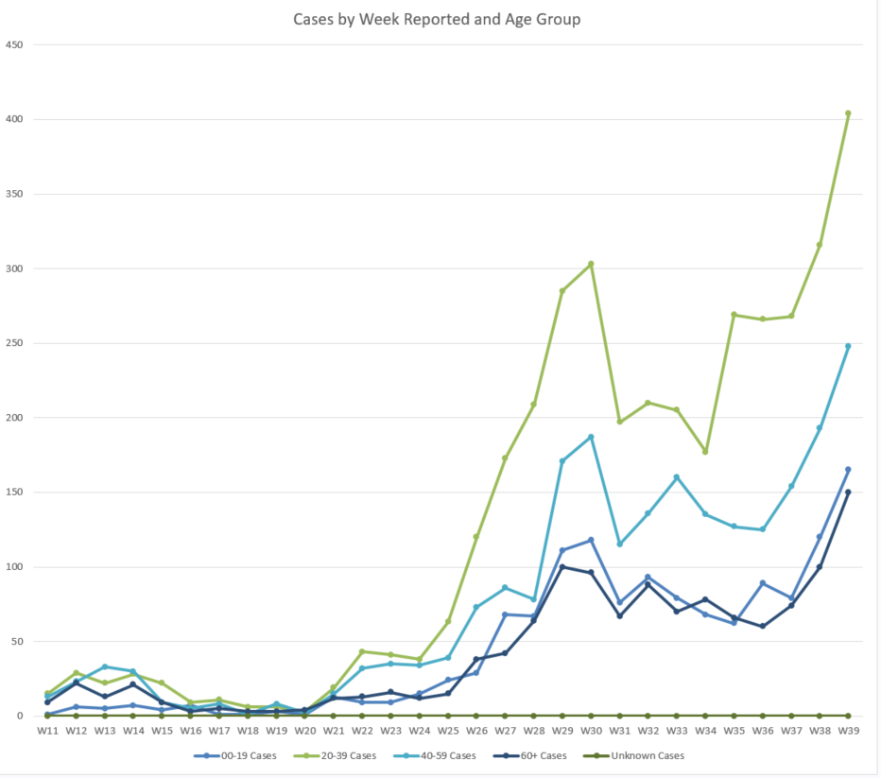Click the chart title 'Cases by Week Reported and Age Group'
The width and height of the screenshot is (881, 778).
(x=437, y=19)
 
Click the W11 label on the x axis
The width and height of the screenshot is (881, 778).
(x=46, y=731)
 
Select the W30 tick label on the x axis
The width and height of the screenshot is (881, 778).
(x=591, y=731)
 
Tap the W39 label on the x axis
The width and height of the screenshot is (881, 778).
(x=848, y=731)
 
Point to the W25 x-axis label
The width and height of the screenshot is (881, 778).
(x=447, y=731)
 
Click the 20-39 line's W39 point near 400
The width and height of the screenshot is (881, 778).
(x=848, y=113)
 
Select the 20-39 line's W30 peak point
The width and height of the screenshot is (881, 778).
(x=591, y=264)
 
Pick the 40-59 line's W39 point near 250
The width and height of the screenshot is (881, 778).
(x=848, y=346)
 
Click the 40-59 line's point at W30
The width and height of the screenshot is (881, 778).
(x=591, y=437)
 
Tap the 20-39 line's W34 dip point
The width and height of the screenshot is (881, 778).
(x=705, y=452)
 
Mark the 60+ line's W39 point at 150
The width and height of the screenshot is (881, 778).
(x=848, y=493)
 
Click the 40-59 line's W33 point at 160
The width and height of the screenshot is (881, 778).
(x=677, y=477)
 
